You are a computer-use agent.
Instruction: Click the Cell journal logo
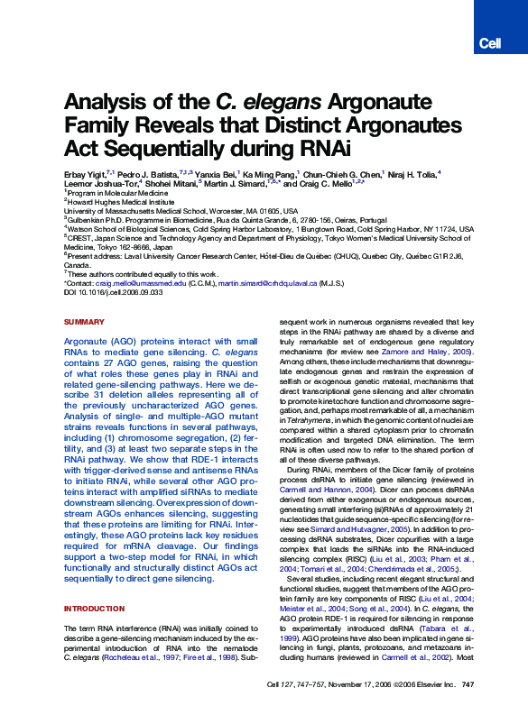[x=489, y=43]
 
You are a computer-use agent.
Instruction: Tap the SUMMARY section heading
[x=84, y=322]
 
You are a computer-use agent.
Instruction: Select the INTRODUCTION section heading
[x=94, y=609]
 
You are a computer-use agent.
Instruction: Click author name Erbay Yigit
[x=85, y=172]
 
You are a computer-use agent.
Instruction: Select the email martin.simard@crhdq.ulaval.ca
[x=269, y=282]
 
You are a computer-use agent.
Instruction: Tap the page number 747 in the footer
[x=468, y=685]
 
